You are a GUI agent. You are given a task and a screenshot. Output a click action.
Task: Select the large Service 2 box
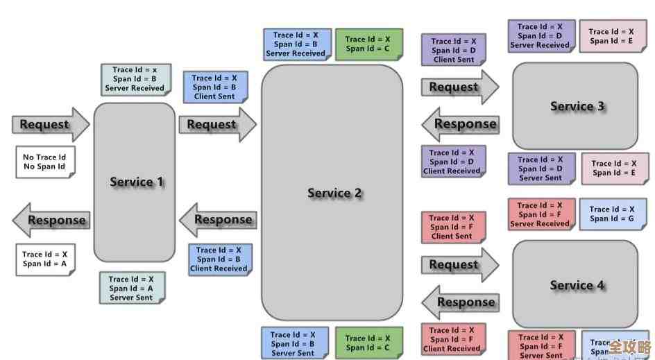[x=332, y=193]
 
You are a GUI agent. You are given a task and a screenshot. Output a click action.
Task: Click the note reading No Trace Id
[x=44, y=162]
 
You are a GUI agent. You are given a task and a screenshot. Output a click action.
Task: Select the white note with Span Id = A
[x=44, y=259]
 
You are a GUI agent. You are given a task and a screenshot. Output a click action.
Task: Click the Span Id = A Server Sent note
[x=131, y=288]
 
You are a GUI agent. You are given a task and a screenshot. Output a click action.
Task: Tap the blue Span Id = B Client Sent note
[x=214, y=87]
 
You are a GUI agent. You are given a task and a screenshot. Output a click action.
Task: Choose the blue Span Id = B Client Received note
[x=219, y=259]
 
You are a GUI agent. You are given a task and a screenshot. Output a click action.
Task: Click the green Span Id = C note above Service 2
[x=368, y=44]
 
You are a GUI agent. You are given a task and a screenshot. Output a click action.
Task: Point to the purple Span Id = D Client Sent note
[x=453, y=50]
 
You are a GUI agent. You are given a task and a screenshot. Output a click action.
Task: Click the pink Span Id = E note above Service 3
[x=611, y=36]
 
